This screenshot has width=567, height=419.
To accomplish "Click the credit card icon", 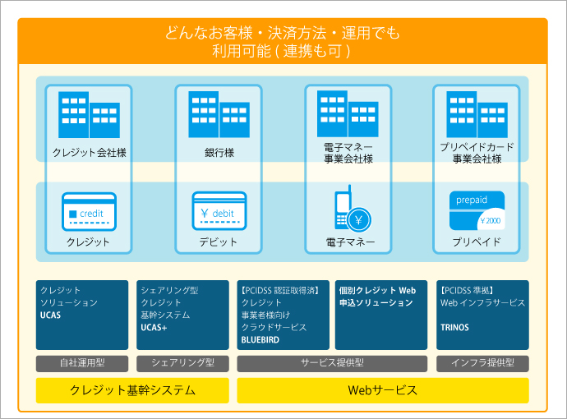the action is pyautogui.click(x=89, y=212).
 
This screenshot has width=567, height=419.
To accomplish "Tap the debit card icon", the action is pyautogui.click(x=219, y=211).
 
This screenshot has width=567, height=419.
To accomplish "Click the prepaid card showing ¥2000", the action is pyautogui.click(x=477, y=210).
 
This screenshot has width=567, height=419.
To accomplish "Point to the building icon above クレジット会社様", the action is pyautogui.click(x=89, y=115).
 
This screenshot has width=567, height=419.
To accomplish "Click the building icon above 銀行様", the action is pyautogui.click(x=219, y=114).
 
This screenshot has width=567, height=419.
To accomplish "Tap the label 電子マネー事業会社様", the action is pyautogui.click(x=348, y=153).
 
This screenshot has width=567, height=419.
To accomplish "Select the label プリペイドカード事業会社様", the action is pyautogui.click(x=477, y=153).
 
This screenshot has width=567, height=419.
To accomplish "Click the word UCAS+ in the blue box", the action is pyautogui.click(x=154, y=328).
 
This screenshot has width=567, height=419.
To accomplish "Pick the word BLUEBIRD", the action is pyautogui.click(x=260, y=340).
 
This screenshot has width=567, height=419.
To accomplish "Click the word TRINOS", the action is pyautogui.click(x=454, y=328).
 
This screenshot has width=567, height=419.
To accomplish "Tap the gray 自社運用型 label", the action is pyautogui.click(x=82, y=363).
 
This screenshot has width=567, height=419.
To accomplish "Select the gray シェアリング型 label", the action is pyautogui.click(x=182, y=363).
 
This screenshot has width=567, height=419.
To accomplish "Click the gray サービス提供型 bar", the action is pyautogui.click(x=332, y=363).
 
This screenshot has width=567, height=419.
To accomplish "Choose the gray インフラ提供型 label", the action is pyautogui.click(x=482, y=363).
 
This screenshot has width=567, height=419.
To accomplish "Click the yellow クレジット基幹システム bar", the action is pyautogui.click(x=132, y=390).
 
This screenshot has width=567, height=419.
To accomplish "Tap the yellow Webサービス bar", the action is pyautogui.click(x=383, y=390).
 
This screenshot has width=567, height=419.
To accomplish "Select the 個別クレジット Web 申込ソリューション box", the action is pyautogui.click(x=381, y=315).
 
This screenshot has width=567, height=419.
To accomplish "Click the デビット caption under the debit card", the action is pyautogui.click(x=218, y=242).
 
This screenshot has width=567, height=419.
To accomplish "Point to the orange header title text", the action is pyautogui.click(x=283, y=42).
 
